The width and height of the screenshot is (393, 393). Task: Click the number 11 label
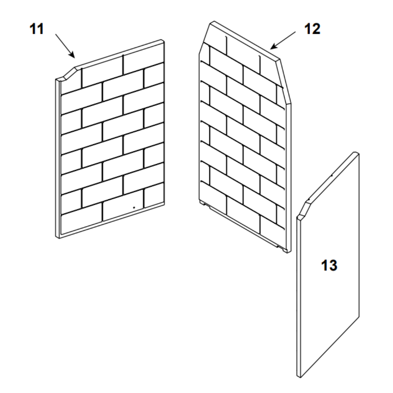pos(37,29)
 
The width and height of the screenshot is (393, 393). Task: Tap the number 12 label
pos(312,29)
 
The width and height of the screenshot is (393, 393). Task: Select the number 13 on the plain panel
pos(329,265)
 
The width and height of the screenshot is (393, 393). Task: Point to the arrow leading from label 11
pos(65,46)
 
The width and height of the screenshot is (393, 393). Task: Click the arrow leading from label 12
pos(283,40)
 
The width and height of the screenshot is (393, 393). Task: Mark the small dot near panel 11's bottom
pos(134,208)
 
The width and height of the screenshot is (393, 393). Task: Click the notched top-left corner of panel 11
pos(66,74)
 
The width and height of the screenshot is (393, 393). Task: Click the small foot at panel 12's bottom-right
pos(285,250)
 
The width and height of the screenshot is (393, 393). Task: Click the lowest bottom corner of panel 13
pos(300,377)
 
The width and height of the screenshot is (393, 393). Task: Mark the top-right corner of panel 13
pos(356,153)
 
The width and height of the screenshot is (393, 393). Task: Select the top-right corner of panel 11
pos(163,40)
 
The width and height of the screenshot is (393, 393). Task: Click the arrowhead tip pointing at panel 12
pos(270,49)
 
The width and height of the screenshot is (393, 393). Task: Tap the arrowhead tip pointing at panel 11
pos(75,58)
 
